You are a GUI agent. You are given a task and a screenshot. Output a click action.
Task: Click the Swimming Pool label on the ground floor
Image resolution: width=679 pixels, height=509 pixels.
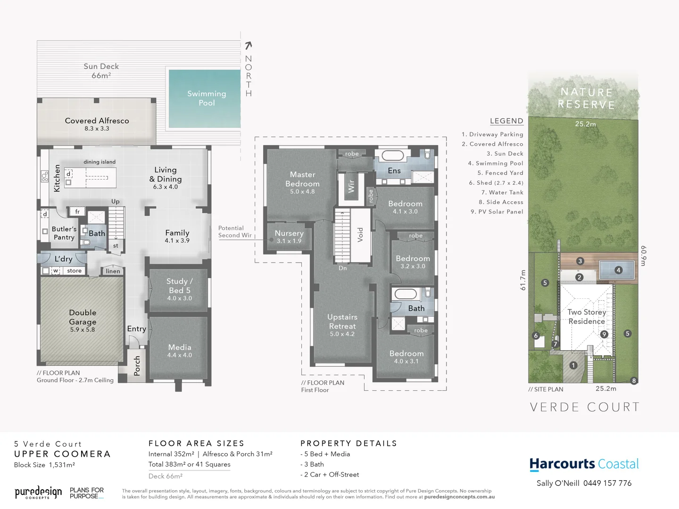pyautogui.click(x=207, y=98)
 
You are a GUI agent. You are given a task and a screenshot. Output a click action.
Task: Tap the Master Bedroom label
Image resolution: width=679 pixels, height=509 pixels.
pyautogui.click(x=302, y=179)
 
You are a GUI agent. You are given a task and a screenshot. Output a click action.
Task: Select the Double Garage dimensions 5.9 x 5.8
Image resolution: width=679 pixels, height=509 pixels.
pyautogui.click(x=83, y=330)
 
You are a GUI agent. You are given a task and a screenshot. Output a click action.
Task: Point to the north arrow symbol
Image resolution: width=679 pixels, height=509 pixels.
pyautogui.click(x=248, y=45)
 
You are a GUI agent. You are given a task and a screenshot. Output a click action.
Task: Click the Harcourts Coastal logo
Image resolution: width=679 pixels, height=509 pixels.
pyautogui.click(x=584, y=464)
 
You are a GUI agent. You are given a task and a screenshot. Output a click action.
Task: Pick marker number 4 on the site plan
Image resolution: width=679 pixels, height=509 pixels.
pyautogui.click(x=618, y=270)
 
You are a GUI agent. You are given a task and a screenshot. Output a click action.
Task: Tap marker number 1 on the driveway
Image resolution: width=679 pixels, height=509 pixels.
pyautogui.click(x=573, y=365)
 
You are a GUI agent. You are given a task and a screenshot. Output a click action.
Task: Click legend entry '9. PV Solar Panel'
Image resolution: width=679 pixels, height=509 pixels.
pyautogui.click(x=497, y=212)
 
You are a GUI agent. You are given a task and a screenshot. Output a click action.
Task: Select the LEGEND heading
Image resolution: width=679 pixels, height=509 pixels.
pyautogui.click(x=506, y=121)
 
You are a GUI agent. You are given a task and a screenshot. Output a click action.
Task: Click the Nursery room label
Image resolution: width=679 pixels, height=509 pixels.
pyautogui.click(x=289, y=233)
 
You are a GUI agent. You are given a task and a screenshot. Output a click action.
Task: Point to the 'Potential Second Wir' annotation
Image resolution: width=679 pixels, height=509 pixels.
pyautogui.click(x=234, y=231)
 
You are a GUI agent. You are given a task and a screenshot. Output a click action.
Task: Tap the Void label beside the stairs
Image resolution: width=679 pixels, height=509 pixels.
pyautogui.click(x=360, y=234)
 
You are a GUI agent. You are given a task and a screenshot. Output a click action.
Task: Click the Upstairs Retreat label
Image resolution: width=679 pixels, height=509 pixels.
pyautogui.click(x=342, y=321)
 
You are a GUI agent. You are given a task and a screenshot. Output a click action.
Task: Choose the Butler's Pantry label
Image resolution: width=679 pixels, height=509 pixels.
pyautogui.click(x=64, y=233)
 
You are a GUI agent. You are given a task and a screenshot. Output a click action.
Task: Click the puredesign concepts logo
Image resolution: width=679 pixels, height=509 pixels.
pyautogui.click(x=38, y=493)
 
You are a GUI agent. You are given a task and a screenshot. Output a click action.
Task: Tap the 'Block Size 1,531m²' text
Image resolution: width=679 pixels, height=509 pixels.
pyautogui.click(x=44, y=465)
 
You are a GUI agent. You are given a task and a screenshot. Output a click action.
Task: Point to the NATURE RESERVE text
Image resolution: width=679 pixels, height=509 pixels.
pyautogui.click(x=586, y=98)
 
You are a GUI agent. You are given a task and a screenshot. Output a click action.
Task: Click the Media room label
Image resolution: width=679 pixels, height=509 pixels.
pyautogui.click(x=180, y=347)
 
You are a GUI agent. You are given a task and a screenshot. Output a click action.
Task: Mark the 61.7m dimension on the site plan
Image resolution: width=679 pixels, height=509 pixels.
pyautogui.click(x=522, y=280)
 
